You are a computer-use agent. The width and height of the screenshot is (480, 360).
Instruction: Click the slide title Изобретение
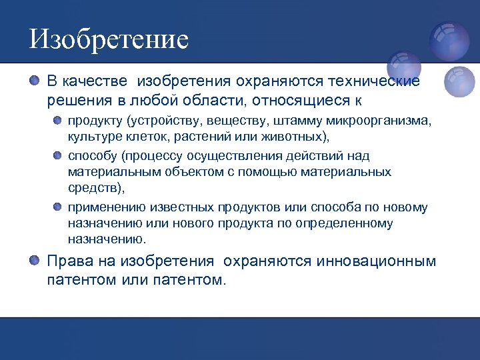[x=109, y=39]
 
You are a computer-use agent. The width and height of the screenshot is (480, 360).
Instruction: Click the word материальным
[x=109, y=171]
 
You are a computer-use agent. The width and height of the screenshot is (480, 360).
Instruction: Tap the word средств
[x=93, y=187]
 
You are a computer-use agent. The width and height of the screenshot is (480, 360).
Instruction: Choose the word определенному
[x=346, y=223]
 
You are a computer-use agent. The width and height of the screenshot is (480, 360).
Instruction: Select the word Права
[x=66, y=261]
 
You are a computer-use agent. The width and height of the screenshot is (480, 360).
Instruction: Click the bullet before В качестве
[x=35, y=81]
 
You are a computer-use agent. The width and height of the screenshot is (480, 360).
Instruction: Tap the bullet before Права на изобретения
[x=35, y=260]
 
